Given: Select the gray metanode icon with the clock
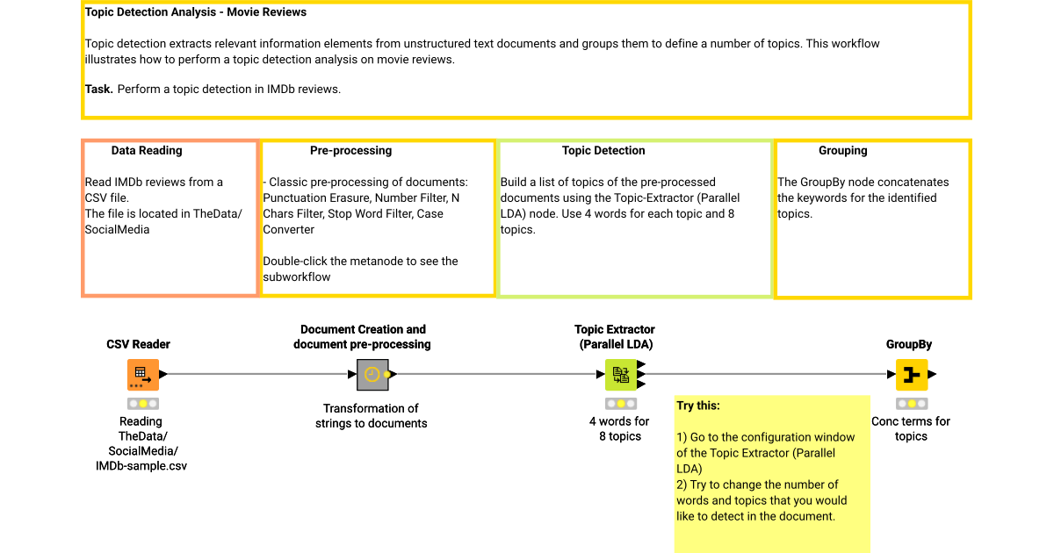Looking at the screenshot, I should [372, 375].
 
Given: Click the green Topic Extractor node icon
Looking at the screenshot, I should [621, 375].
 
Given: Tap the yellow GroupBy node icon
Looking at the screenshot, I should [911, 375].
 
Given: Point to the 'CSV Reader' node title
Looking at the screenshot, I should [139, 344].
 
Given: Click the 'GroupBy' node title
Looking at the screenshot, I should [909, 344].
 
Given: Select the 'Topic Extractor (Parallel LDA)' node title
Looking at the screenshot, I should [615, 337].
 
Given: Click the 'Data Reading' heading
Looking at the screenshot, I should [147, 151].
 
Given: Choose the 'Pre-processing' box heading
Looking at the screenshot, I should [350, 151].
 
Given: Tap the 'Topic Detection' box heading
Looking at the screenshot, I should [603, 151].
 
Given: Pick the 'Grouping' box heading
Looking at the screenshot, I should [842, 151].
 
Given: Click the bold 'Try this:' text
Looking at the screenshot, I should [698, 406].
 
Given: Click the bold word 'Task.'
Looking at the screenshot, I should [99, 89].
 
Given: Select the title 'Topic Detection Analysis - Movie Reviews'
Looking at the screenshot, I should [196, 13].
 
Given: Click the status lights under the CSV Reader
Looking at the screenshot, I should [143, 404].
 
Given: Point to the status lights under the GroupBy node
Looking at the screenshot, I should [911, 404].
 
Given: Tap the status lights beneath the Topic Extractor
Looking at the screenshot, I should [621, 404].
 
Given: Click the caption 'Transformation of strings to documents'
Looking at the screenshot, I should [371, 416].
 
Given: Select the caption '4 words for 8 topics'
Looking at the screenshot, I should [619, 428].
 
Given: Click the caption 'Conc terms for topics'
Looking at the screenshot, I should [911, 428].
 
